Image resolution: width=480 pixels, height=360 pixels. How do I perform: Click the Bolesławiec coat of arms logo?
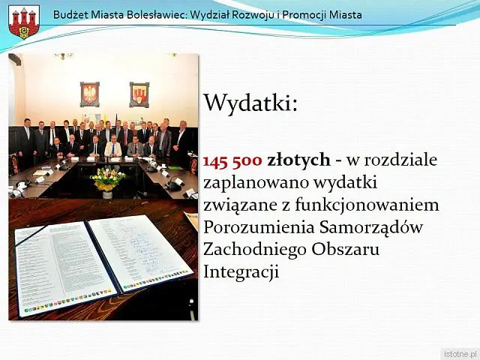24,22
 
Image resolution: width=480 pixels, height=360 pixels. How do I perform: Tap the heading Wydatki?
250,103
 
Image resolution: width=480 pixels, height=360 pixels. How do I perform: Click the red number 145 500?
232,160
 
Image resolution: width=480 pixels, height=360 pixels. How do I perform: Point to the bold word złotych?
298,160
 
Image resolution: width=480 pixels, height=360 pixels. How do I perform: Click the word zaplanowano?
256,183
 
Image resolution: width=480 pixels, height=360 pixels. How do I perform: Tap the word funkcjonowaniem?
367,205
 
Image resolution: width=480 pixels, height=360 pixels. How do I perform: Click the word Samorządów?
371,227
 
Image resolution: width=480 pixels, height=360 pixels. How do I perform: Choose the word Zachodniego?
255,250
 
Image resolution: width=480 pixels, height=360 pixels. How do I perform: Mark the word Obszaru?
345,249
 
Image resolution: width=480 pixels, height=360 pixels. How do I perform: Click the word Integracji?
241,271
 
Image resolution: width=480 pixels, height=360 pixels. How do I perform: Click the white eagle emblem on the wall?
90,94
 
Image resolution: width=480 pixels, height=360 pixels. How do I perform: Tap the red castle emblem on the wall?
139,94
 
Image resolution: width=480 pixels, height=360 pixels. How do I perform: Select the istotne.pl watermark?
460,353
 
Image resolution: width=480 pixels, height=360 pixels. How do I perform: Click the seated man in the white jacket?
113,147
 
